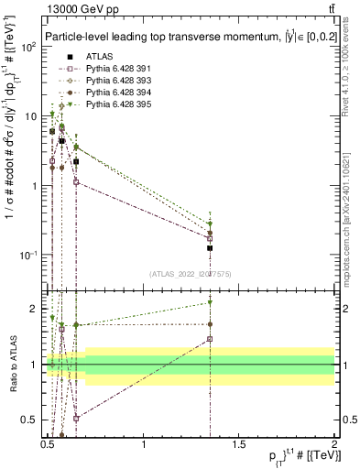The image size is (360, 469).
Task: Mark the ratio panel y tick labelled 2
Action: [x=37, y=309]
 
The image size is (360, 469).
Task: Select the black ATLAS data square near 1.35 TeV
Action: [x=210, y=247]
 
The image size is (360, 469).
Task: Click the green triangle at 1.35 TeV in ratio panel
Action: [x=210, y=302]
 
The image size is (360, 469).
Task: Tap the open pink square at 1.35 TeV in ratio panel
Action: [x=210, y=339]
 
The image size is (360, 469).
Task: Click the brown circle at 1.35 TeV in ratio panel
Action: [x=210, y=324]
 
